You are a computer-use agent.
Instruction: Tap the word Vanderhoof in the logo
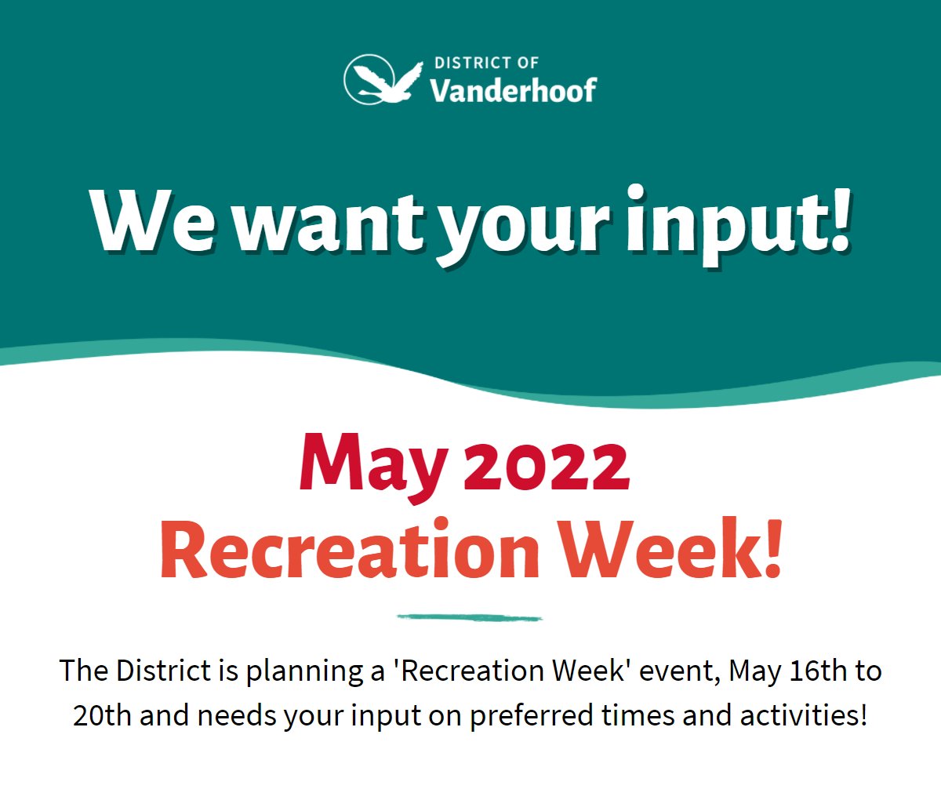click(x=514, y=89)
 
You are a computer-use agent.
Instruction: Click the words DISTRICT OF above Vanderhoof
click(x=486, y=63)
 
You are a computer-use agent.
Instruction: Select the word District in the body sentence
click(x=165, y=671)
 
